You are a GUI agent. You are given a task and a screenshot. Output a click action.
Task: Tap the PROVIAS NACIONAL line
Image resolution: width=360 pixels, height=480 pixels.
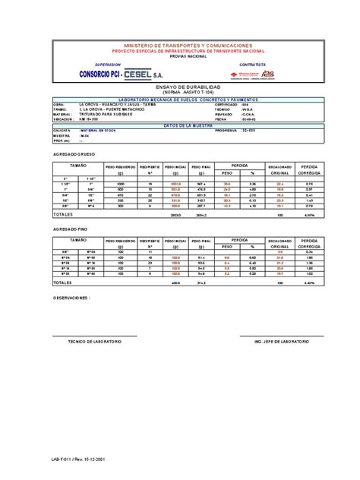pyautogui.click(x=182, y=56)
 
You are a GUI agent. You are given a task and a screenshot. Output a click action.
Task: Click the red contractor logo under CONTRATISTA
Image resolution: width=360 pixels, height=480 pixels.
pyautogui.click(x=261, y=74)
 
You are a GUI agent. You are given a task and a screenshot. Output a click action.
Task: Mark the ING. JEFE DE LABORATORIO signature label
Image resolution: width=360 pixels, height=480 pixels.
pyautogui.click(x=281, y=343)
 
